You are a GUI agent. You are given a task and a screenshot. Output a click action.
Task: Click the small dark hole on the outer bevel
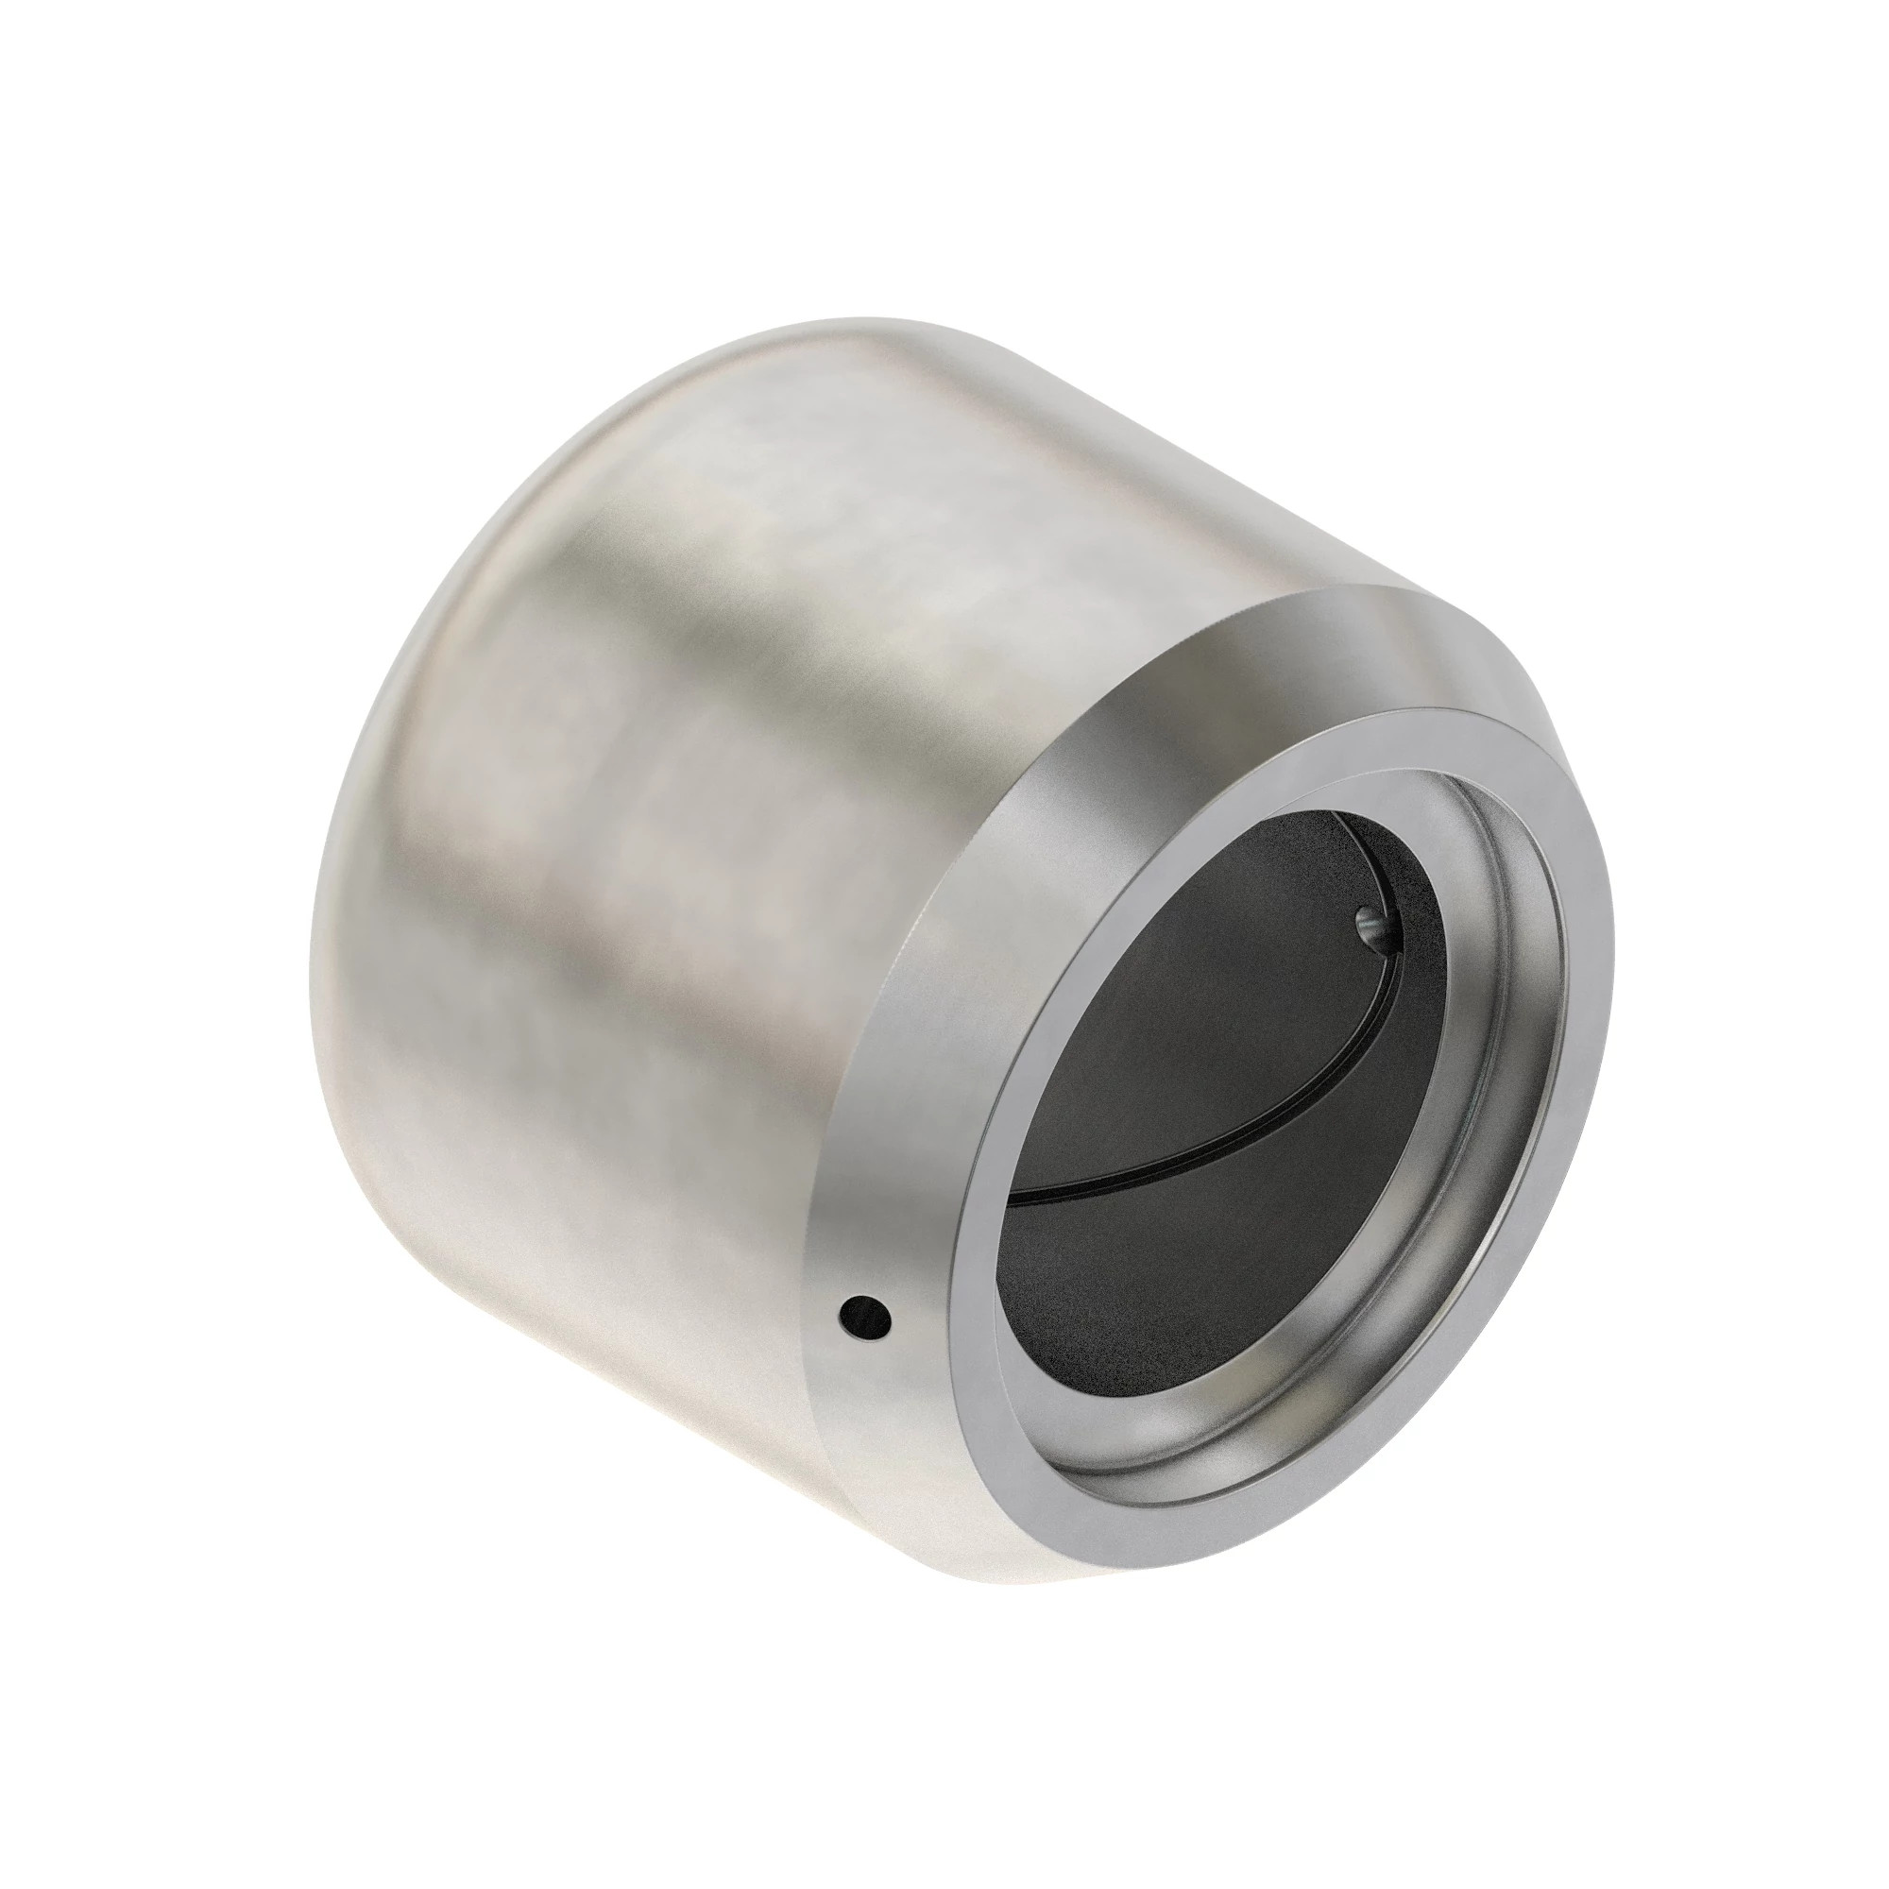866,1316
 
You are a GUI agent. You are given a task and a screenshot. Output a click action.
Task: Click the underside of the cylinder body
636,1369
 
